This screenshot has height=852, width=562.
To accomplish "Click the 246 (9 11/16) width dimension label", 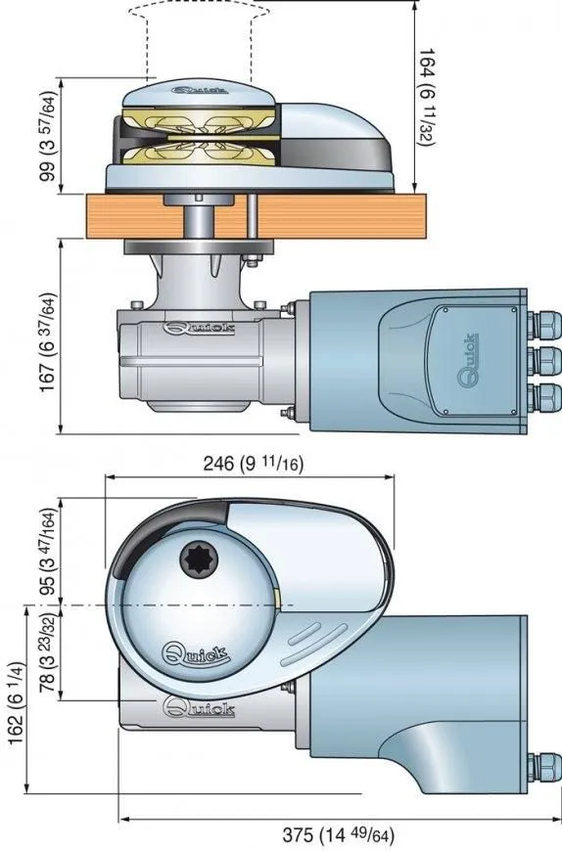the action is click(x=253, y=464).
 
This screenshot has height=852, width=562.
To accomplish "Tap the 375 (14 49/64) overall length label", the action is click(x=338, y=834).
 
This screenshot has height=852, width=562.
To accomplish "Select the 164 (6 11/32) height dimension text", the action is click(x=427, y=98).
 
